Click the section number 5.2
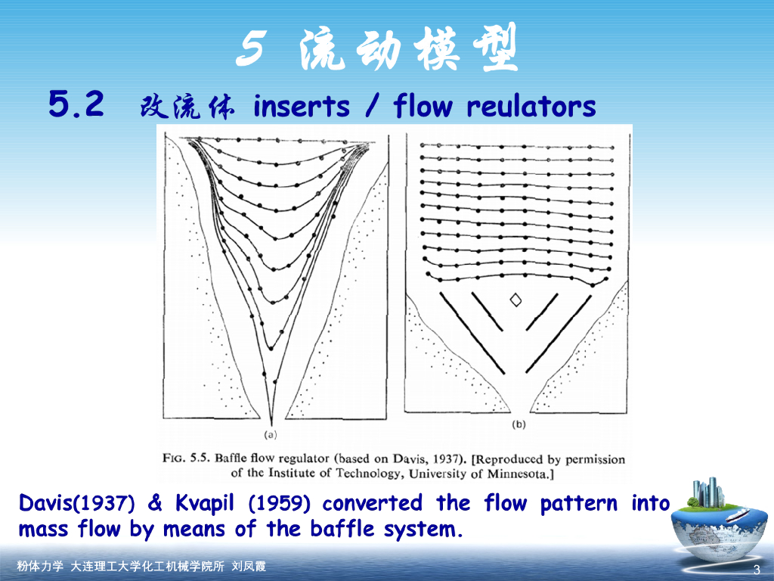[76, 104]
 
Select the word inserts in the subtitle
[301, 107]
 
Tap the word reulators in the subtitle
[531, 107]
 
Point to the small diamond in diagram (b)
[516, 300]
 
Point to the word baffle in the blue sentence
[344, 529]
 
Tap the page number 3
[756, 570]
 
